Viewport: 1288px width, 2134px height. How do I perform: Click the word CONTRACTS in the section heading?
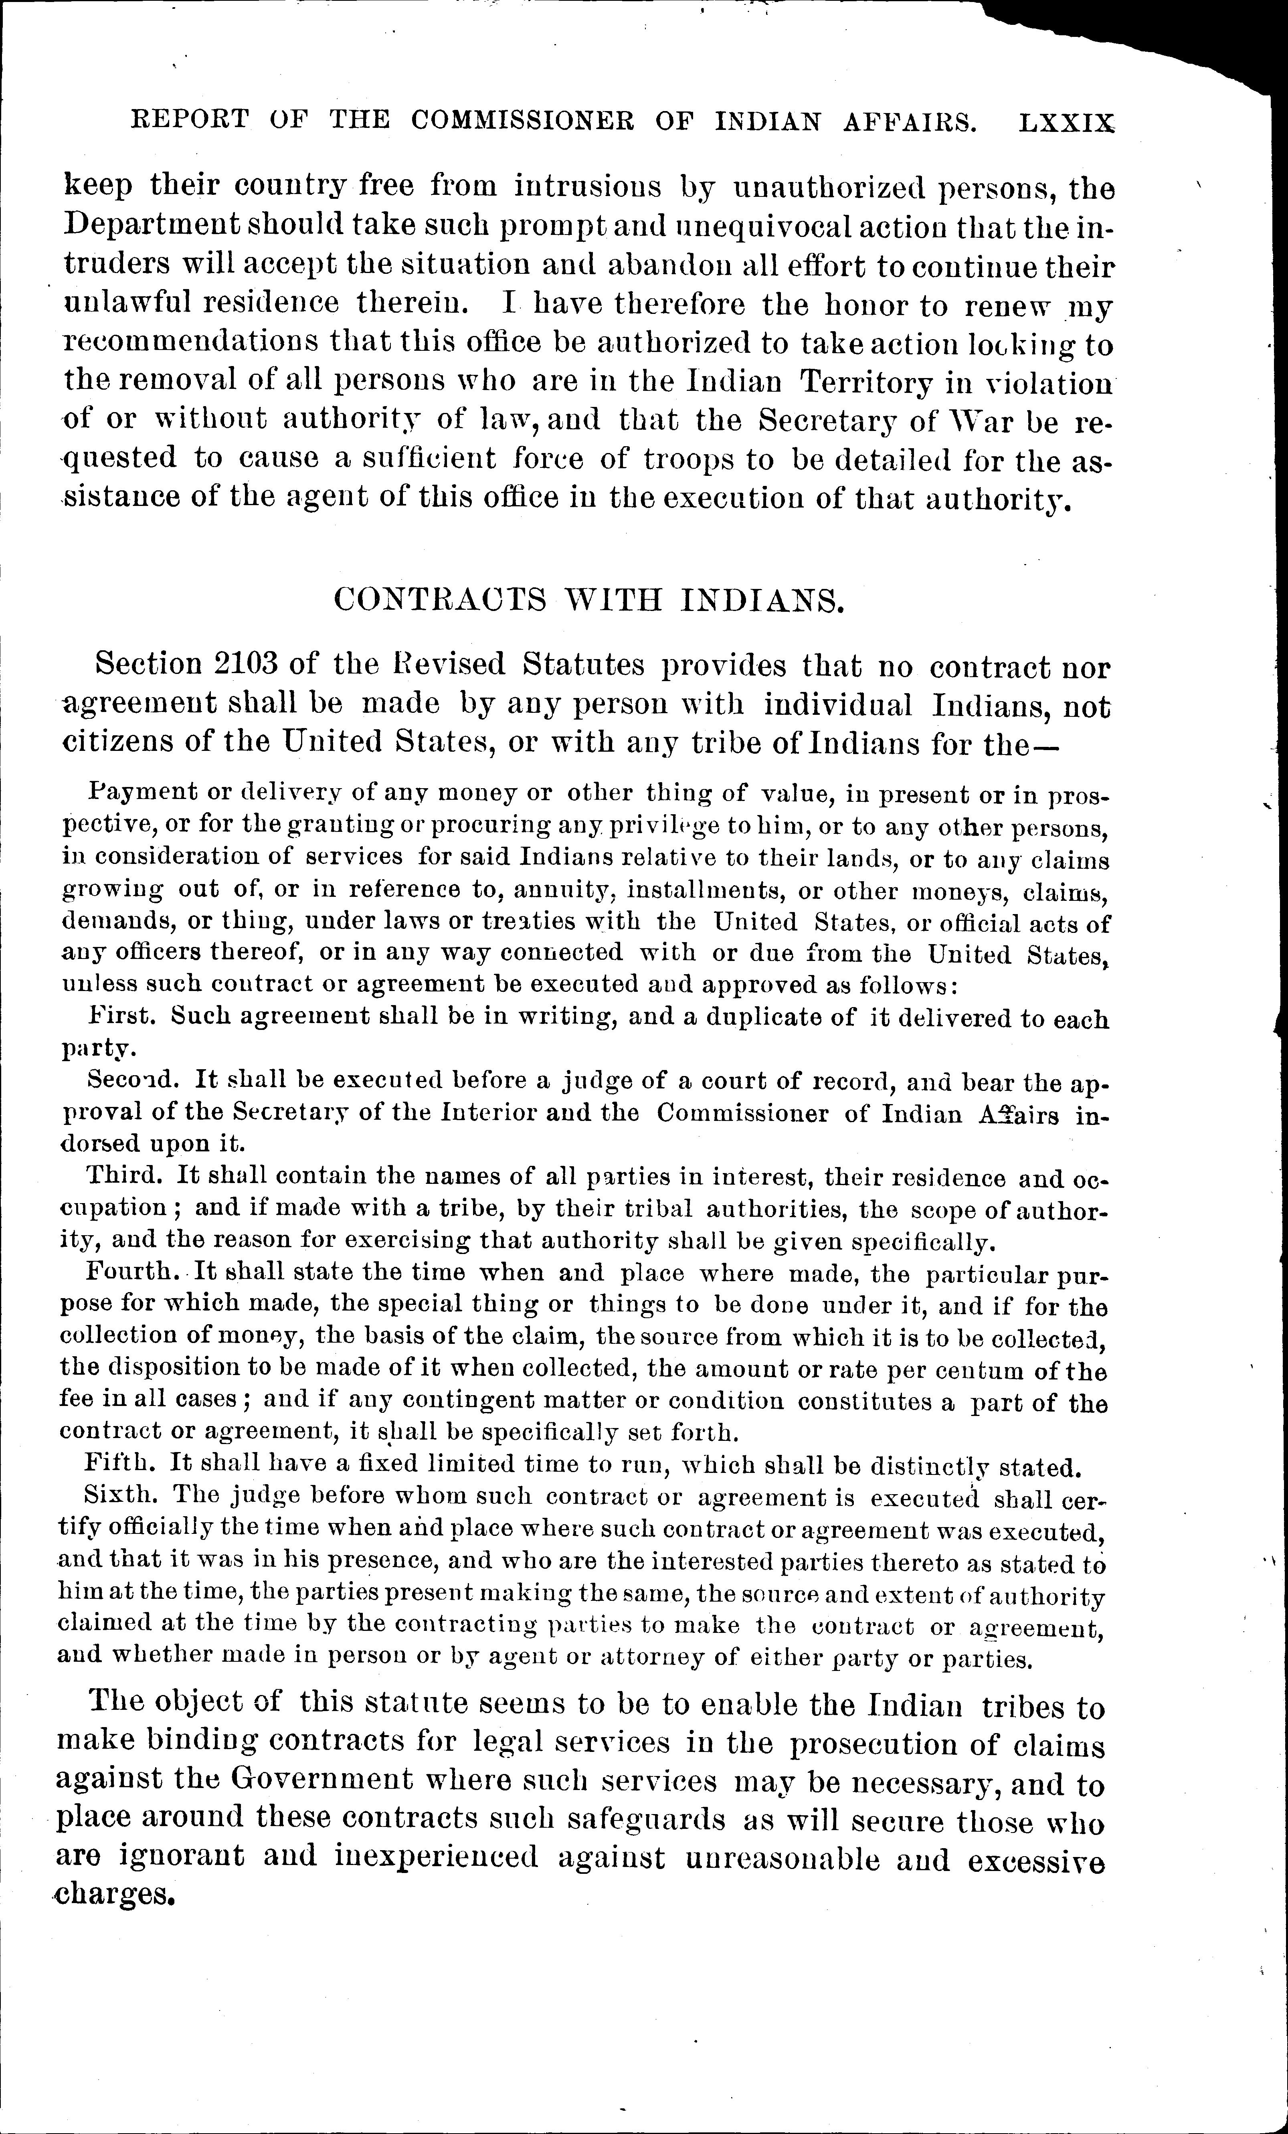440,600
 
